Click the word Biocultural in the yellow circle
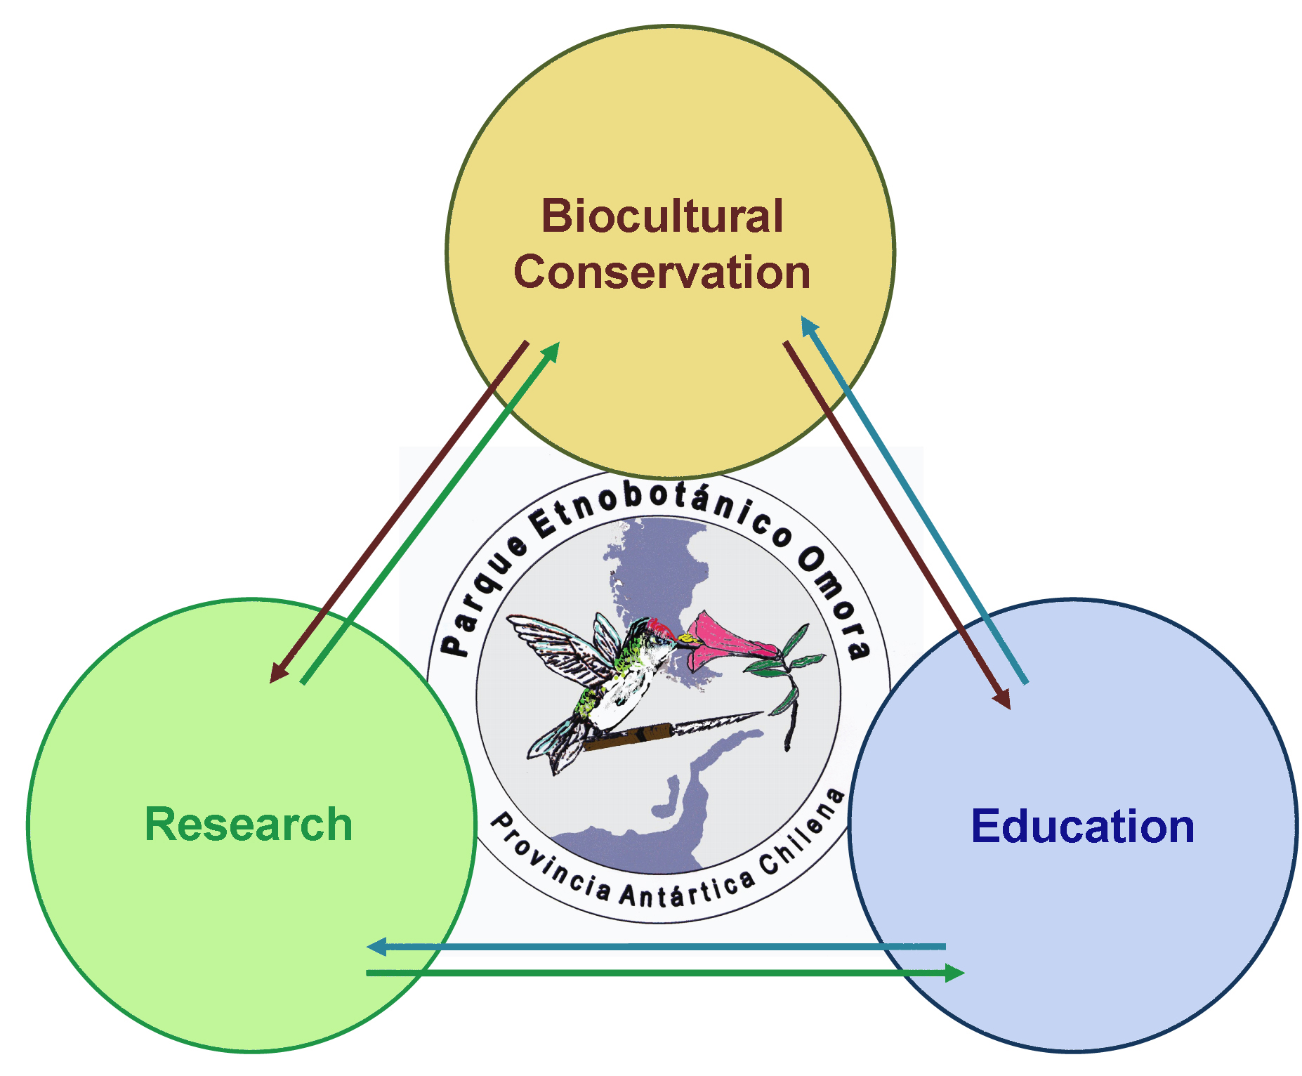[x=662, y=216]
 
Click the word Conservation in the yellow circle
[x=662, y=273]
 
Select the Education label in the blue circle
[x=1083, y=826]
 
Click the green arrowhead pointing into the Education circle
[x=954, y=973]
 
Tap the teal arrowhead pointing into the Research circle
[x=377, y=947]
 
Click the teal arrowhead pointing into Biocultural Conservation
[x=809, y=326]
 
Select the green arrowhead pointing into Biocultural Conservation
[x=551, y=352]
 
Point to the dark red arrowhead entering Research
[x=280, y=672]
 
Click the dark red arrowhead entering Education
[x=1002, y=699]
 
